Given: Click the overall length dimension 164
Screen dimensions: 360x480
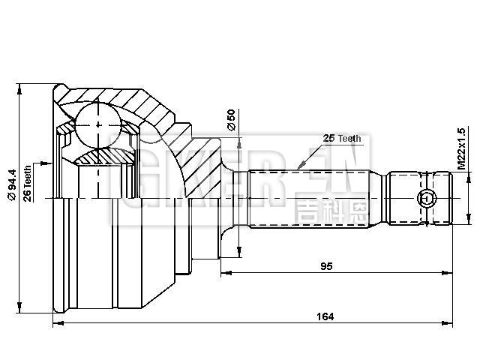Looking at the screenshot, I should [x=325, y=316].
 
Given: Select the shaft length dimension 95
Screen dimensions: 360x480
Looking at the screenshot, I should [x=325, y=266].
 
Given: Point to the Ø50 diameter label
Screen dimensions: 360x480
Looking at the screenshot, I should [x=231, y=120].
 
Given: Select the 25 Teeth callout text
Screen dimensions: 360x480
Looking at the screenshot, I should [x=341, y=139].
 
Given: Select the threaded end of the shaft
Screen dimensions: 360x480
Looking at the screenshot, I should [x=420, y=199].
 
